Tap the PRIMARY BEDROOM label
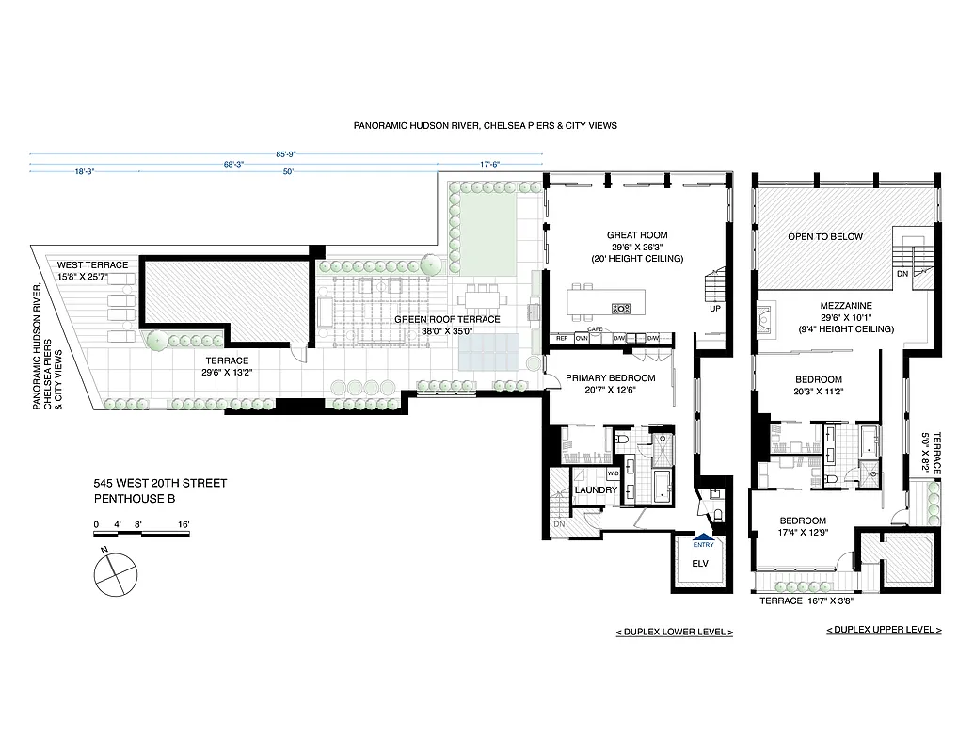[x=608, y=378]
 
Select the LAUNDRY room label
[x=596, y=489]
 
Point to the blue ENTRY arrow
[x=703, y=538]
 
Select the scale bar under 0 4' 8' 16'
[x=141, y=535]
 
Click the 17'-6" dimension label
[x=489, y=165]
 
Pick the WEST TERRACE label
[x=92, y=264]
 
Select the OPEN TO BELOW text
[x=824, y=236]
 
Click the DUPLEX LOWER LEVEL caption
[x=674, y=632]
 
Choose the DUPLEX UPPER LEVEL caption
[x=884, y=630]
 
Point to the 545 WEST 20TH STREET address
[x=160, y=484]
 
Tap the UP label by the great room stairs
[x=716, y=309]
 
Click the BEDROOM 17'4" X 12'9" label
[x=802, y=521]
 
